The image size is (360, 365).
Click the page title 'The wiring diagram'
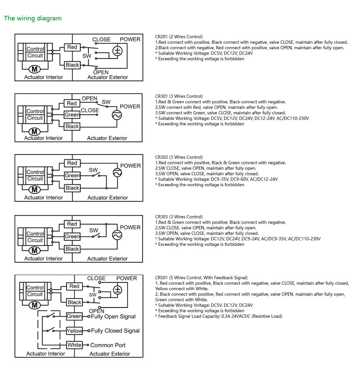pyautogui.click(x=33, y=18)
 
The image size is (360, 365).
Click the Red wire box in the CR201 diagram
pyautogui.click(x=72, y=47)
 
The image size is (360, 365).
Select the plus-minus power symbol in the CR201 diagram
pyautogui.click(x=117, y=51)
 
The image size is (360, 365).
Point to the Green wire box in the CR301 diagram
pyautogui.click(x=72, y=115)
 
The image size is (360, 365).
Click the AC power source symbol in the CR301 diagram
pyautogui.click(x=117, y=115)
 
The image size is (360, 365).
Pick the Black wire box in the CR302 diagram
pyautogui.click(x=72, y=188)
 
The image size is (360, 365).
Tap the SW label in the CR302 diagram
pyautogui.click(x=93, y=170)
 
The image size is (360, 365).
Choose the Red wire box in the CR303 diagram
pyautogui.click(x=72, y=224)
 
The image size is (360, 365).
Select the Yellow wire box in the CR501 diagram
pyautogui.click(x=74, y=331)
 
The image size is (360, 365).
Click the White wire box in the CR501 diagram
pyautogui.click(x=74, y=345)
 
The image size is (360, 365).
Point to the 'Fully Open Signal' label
pyautogui.click(x=113, y=316)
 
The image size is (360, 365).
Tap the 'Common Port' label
pyautogui.click(x=108, y=345)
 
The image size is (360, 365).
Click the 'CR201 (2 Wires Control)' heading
pyautogui.click(x=179, y=37)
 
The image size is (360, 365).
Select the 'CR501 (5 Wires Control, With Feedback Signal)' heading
pyautogui.click(x=201, y=278)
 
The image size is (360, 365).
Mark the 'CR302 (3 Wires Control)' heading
pyautogui.click(x=179, y=157)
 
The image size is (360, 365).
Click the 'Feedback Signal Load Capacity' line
pyautogui.click(x=220, y=316)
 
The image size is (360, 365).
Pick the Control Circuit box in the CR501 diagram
pyautogui.click(x=35, y=291)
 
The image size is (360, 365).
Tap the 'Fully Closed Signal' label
pyautogui.click(x=115, y=331)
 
